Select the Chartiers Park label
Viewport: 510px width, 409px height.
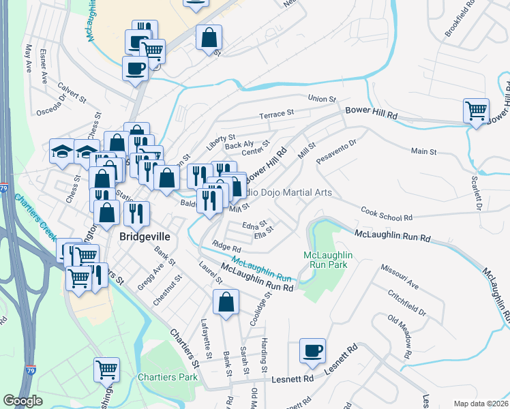pyautogui.click(x=167, y=377)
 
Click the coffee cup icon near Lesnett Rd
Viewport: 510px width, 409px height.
pyautogui.click(x=312, y=351)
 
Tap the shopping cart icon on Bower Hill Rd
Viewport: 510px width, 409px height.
pyautogui.click(x=476, y=110)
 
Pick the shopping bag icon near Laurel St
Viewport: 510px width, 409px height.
pyautogui.click(x=226, y=302)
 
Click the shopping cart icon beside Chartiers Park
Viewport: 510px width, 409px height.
pyautogui.click(x=107, y=370)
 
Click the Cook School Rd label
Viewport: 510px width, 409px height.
pyautogui.click(x=387, y=214)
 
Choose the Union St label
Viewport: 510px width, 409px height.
pyautogui.click(x=322, y=99)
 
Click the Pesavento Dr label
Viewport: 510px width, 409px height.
pyautogui.click(x=337, y=152)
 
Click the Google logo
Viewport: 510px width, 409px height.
pyautogui.click(x=23, y=401)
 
